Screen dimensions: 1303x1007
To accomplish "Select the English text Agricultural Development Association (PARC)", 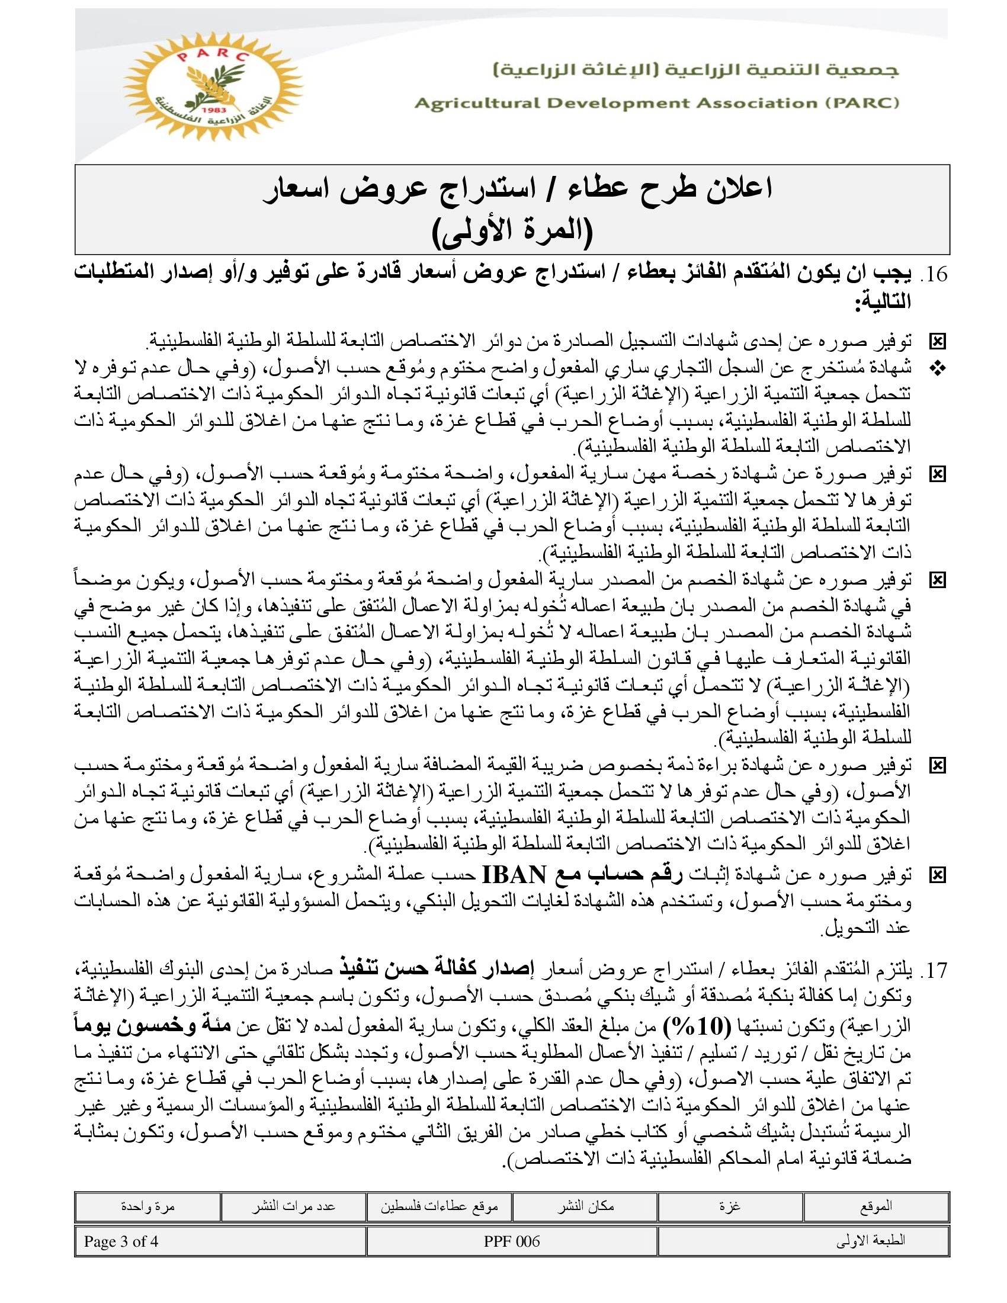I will point(656,103).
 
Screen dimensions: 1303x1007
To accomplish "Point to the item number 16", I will point(934,274).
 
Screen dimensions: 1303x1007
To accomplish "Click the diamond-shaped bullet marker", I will point(937,369).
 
